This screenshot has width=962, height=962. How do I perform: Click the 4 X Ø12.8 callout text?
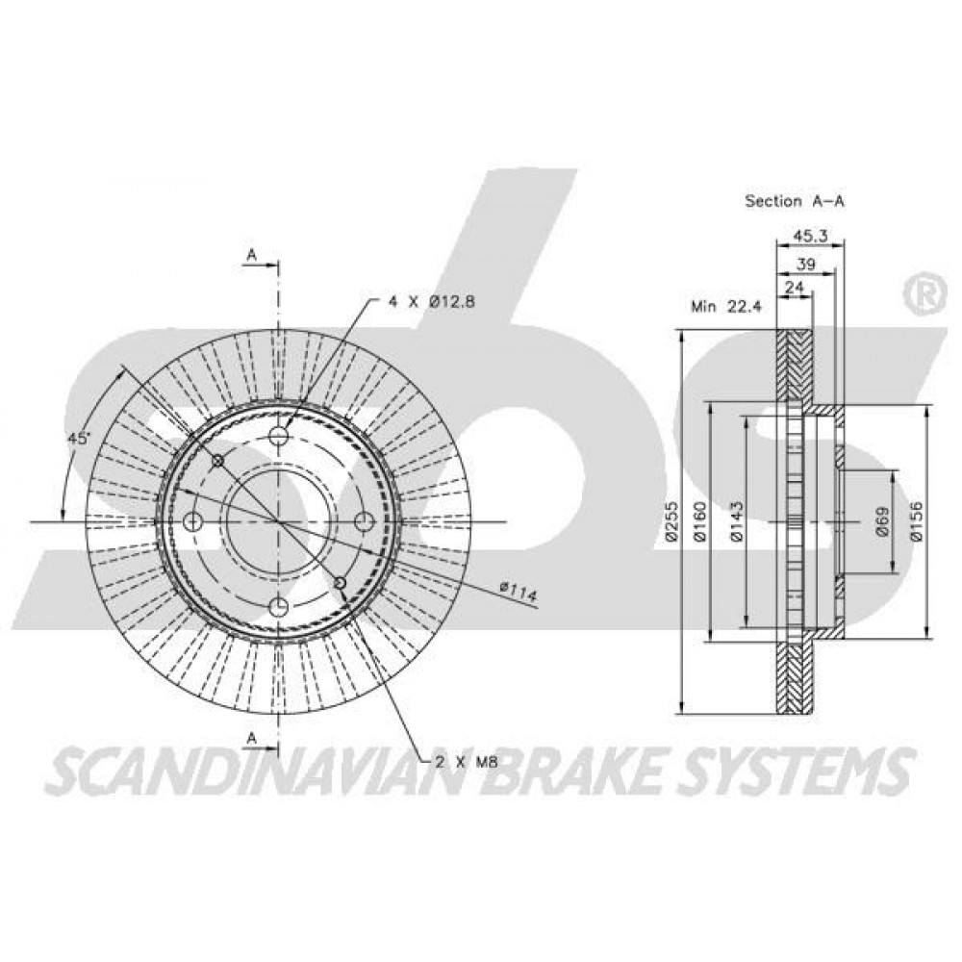(432, 301)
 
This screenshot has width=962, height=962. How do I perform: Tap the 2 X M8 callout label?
(465, 763)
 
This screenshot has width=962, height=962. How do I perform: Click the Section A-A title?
(795, 201)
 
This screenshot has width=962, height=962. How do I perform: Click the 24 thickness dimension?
(795, 287)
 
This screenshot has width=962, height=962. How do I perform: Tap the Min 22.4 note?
(726, 307)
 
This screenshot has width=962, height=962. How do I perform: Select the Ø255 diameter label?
(671, 522)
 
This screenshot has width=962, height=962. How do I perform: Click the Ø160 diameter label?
(700, 522)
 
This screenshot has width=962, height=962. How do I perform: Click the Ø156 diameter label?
(916, 522)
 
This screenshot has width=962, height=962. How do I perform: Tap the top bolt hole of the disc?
(279, 436)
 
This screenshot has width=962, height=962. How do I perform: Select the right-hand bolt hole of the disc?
(365, 522)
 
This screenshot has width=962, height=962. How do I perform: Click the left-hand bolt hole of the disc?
(193, 522)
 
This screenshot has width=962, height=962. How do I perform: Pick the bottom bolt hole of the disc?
(279, 607)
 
